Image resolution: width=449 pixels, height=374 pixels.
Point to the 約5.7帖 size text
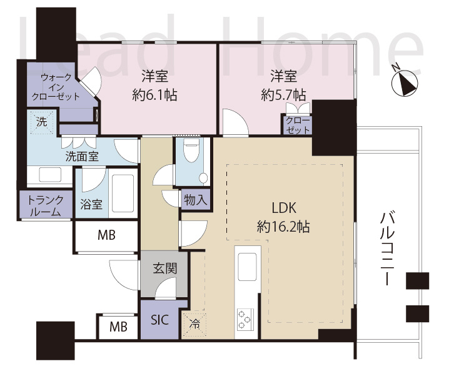click(283, 95)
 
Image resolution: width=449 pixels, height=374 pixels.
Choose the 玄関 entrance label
click(164, 270)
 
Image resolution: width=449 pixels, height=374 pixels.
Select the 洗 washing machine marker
click(41, 122)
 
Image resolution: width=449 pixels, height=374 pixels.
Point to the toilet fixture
click(193, 154)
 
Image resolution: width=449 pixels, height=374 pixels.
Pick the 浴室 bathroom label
click(91, 204)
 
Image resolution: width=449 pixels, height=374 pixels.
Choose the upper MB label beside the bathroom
click(106, 235)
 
